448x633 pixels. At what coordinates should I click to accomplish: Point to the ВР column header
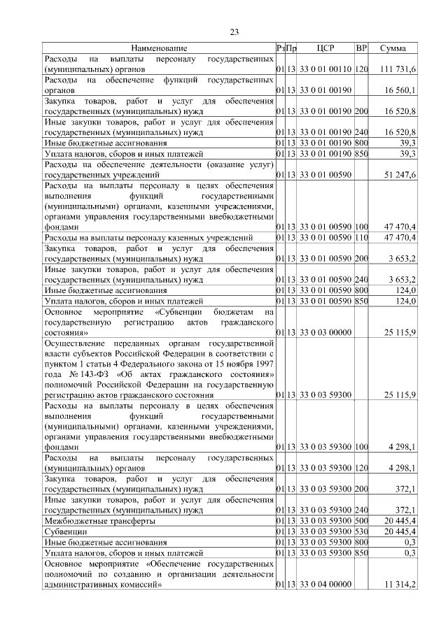(x=361, y=48)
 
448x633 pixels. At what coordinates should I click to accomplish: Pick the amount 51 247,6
(x=401, y=173)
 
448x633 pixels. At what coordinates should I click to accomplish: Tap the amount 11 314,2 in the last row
(x=401, y=584)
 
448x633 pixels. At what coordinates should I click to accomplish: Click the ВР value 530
(x=361, y=532)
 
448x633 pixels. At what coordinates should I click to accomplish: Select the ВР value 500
(x=361, y=521)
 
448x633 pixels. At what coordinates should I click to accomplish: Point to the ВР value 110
(x=361, y=238)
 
